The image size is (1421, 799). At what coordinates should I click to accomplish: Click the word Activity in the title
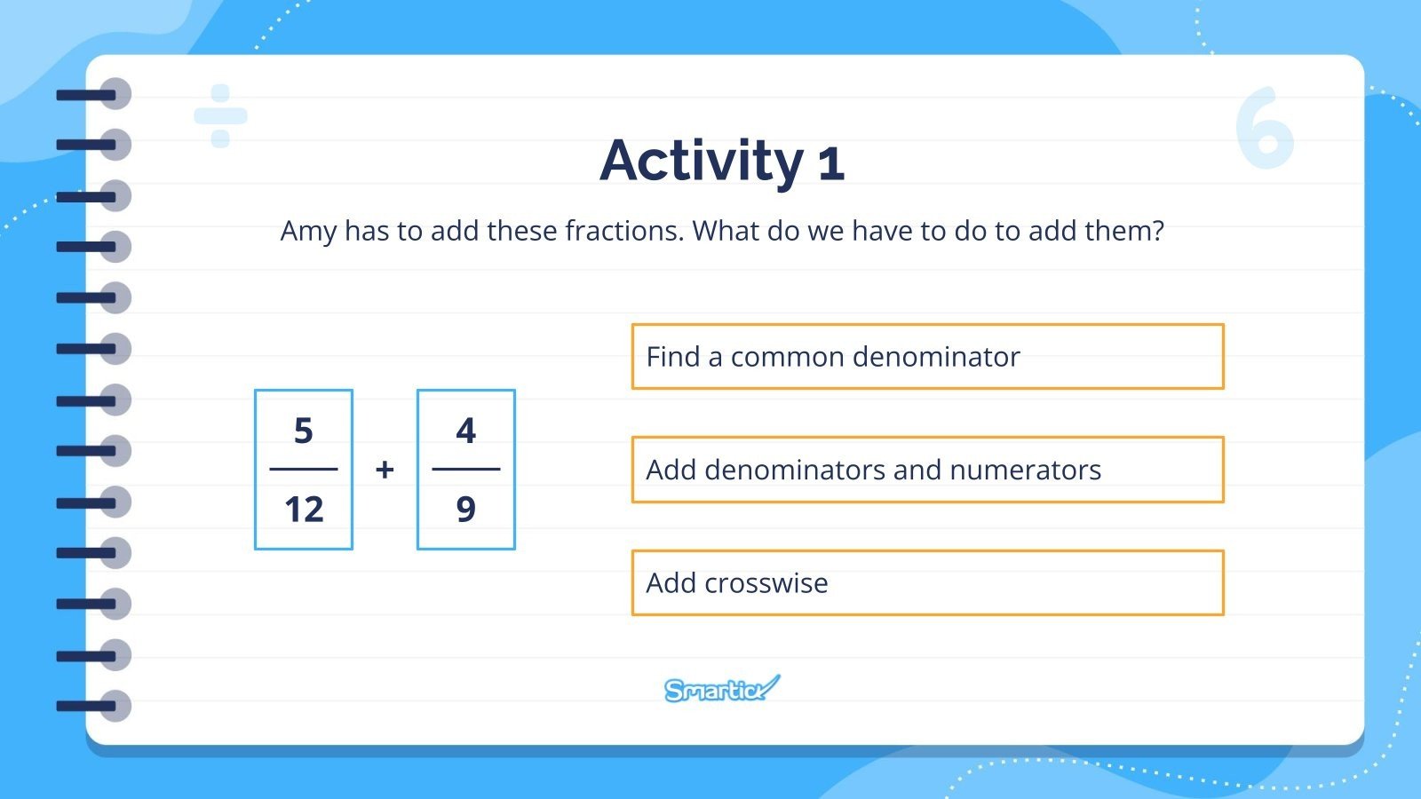point(702,162)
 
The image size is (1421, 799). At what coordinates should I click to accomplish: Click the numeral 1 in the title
point(830,163)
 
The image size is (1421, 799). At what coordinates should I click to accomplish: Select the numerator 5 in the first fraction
point(304,431)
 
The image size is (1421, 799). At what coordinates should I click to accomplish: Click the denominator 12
point(304,510)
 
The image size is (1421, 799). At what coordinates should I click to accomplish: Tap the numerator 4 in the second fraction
point(465,431)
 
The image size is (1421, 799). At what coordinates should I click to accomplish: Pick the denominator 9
point(465,510)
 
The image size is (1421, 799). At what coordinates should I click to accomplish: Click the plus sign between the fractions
point(385,470)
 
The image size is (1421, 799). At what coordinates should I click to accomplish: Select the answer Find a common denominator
point(927,357)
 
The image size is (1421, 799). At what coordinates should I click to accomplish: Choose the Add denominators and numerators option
point(927,470)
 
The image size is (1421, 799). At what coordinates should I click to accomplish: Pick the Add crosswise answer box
point(927,583)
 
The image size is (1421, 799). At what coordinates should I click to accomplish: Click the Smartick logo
point(721,689)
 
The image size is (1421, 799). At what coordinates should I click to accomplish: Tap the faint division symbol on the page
point(220,115)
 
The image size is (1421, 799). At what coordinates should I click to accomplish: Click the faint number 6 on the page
point(1265,129)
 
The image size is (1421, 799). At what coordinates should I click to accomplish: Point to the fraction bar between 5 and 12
point(304,469)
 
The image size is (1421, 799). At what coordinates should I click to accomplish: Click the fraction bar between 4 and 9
point(465,469)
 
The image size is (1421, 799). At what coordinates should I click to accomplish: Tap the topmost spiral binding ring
point(114,94)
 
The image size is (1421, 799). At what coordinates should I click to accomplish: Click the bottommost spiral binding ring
point(114,707)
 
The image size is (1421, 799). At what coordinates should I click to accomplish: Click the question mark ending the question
point(1155,231)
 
